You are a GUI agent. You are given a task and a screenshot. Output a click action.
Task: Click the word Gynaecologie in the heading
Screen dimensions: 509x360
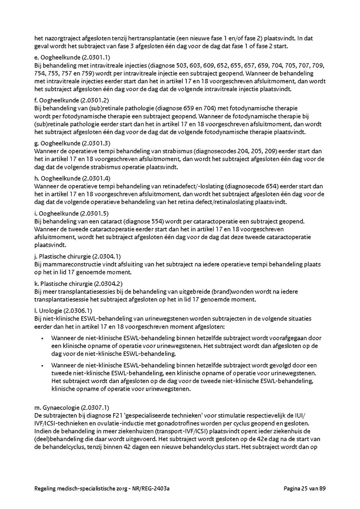click(x=61, y=408)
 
